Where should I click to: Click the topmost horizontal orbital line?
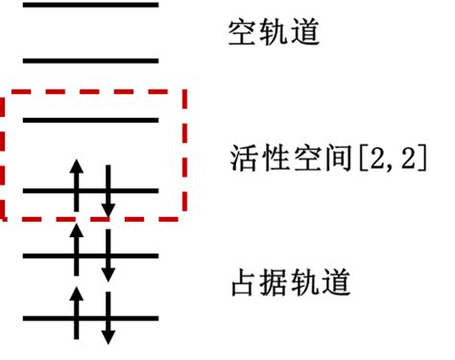click(x=89, y=5)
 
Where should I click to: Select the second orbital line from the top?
click(x=89, y=60)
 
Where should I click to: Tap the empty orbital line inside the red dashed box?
click(x=89, y=120)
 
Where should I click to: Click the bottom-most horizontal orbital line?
click(x=89, y=317)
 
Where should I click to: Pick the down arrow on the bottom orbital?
click(x=108, y=317)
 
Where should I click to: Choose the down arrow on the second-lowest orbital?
click(x=108, y=253)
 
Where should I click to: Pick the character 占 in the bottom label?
click(x=245, y=282)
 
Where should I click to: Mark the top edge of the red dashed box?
click(x=96, y=93)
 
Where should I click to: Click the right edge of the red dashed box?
click(x=184, y=154)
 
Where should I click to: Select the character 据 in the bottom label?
click(x=273, y=282)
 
